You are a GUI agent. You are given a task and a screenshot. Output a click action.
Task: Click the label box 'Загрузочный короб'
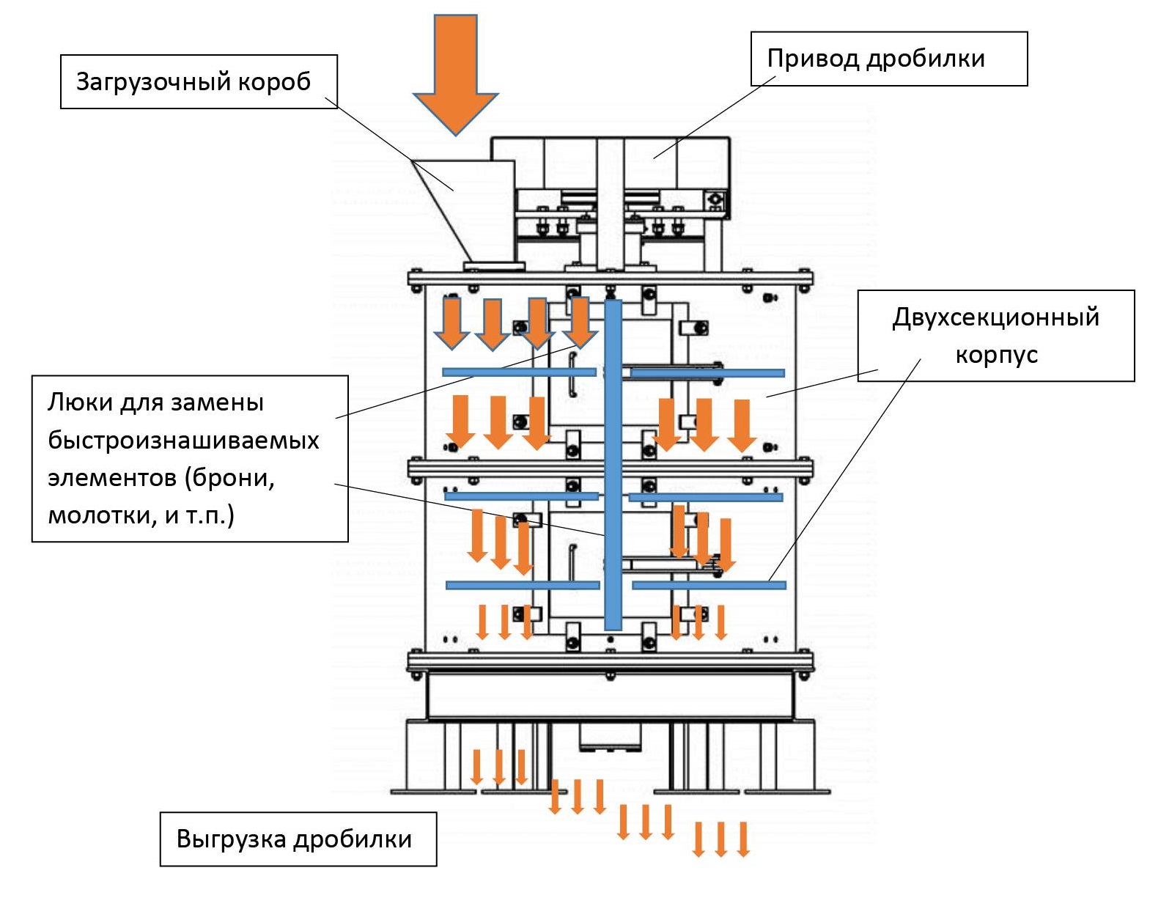199,81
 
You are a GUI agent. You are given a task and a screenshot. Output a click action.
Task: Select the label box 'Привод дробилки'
888,59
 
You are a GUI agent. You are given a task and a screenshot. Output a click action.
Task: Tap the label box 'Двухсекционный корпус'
995,336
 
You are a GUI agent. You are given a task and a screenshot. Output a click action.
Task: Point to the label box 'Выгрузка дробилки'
298,839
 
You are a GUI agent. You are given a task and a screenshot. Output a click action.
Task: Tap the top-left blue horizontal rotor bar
519,372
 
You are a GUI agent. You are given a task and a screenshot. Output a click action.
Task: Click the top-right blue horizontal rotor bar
707,373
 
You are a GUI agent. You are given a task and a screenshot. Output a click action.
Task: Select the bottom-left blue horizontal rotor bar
523,585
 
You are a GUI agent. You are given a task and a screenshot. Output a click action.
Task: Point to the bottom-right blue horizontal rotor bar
709,585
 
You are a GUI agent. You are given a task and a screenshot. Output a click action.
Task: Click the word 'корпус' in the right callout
996,355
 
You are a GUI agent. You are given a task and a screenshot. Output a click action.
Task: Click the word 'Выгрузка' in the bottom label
231,839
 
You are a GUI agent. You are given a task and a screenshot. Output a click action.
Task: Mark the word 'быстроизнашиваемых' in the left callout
183,441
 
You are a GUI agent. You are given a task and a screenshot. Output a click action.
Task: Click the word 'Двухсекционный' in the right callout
995,317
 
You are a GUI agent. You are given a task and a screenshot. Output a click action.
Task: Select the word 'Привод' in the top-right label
812,59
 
